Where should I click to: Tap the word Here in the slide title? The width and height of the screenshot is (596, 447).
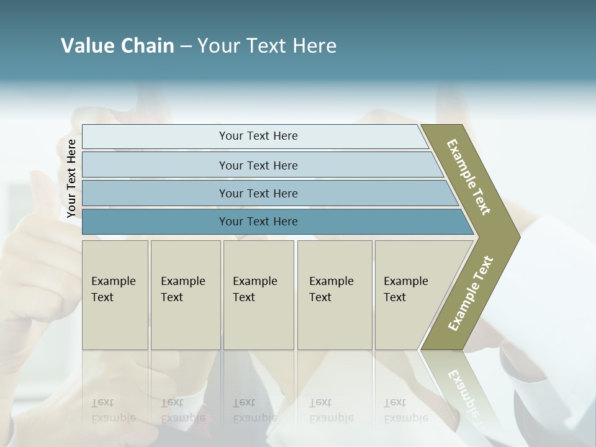coord(314,46)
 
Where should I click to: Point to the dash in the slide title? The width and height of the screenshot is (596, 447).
coord(186,47)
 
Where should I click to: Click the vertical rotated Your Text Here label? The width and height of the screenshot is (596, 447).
coord(71,179)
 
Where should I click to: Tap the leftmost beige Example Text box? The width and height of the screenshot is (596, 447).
coord(115,295)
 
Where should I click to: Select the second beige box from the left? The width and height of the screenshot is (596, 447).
coord(186,295)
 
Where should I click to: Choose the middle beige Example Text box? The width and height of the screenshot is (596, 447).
coord(258,295)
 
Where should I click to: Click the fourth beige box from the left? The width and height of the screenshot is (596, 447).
coord(335,295)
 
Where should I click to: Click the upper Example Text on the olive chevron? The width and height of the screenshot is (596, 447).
coord(469,177)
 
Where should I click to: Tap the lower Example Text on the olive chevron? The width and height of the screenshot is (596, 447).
coord(470,294)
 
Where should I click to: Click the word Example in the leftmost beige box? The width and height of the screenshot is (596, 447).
coord(113,281)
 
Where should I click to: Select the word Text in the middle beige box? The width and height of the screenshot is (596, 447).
coord(244,297)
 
